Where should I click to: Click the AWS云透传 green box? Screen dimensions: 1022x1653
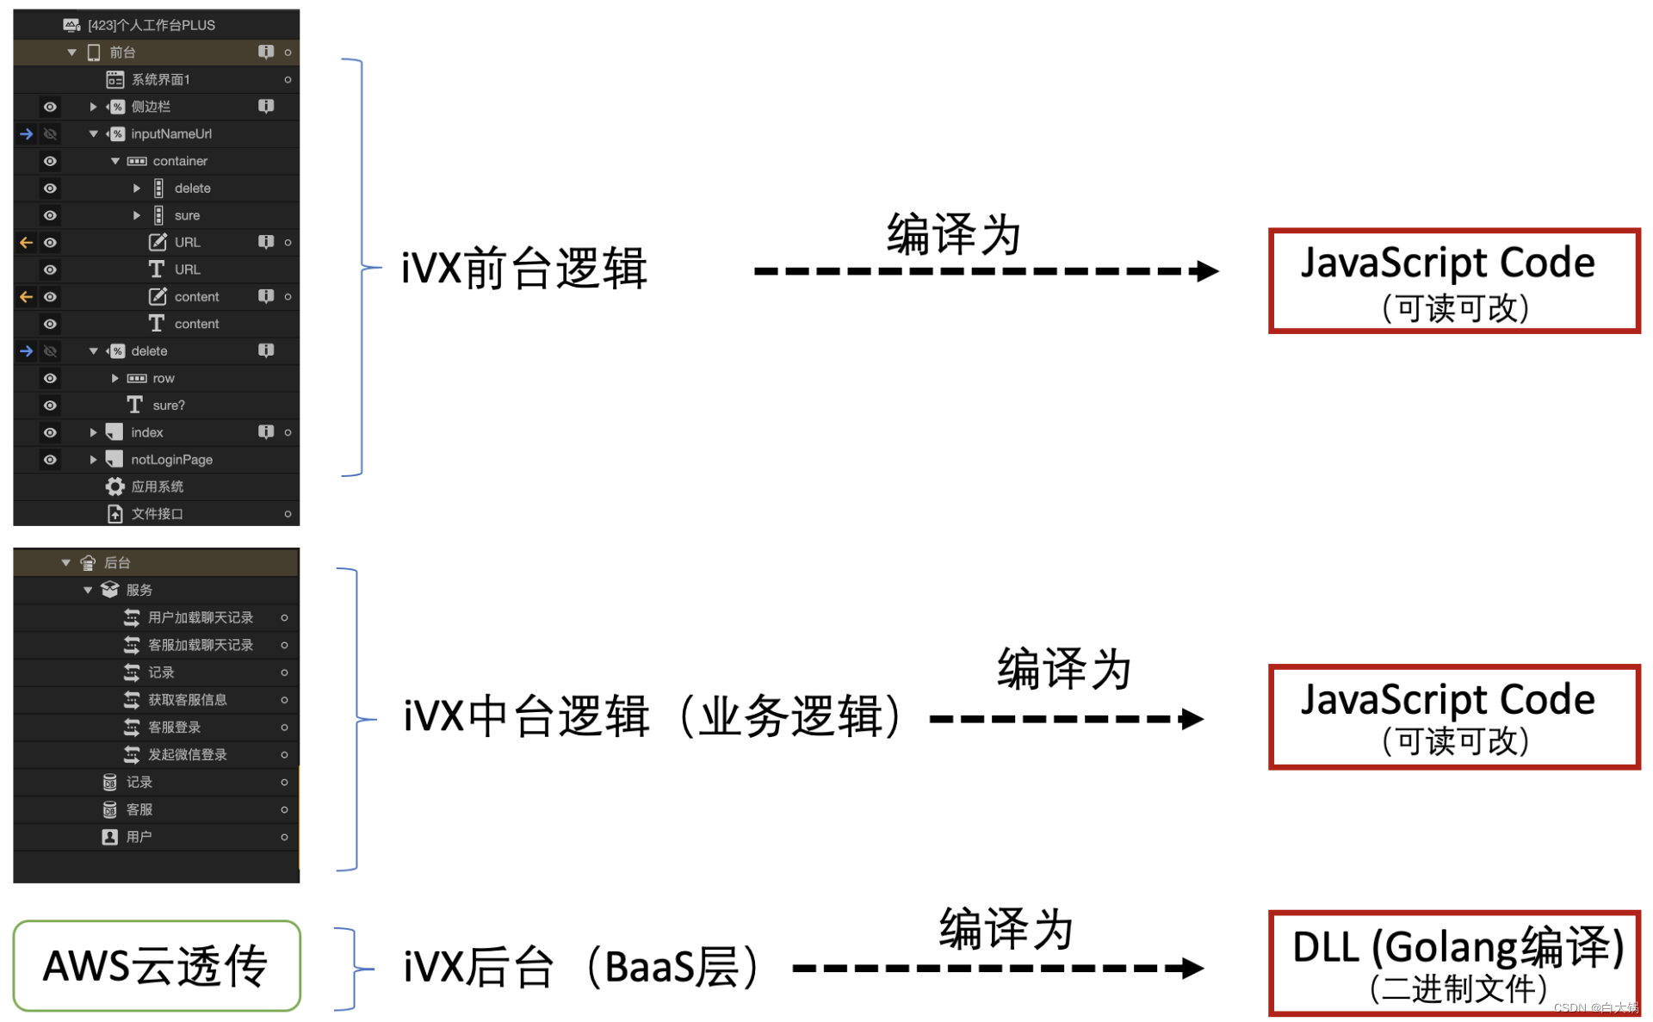(157, 965)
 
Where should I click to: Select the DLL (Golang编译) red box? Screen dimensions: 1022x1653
(1453, 963)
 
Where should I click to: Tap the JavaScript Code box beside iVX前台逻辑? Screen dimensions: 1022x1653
(1453, 281)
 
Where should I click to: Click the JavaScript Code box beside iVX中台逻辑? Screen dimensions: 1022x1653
(1453, 716)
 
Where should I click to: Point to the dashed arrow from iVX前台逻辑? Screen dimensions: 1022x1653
(985, 271)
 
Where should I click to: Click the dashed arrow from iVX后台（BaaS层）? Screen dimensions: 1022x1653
(997, 968)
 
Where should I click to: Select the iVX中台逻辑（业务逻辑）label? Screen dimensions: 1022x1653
(653, 716)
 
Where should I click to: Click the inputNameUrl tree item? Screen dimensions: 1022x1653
(170, 134)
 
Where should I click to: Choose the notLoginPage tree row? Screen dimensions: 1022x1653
(170, 460)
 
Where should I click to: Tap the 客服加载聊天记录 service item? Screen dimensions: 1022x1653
(200, 645)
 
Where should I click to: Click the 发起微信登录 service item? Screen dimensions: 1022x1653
(187, 754)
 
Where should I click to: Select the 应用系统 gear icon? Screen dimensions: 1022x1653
(115, 486)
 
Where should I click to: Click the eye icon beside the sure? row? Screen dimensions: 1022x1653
(50, 406)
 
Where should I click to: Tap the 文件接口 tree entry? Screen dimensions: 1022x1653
(157, 514)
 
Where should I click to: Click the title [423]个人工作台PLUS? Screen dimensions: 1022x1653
(151, 25)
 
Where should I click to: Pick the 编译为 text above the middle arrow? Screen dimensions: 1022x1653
(1063, 669)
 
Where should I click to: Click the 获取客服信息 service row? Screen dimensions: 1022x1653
(187, 700)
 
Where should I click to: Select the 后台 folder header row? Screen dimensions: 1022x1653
(117, 563)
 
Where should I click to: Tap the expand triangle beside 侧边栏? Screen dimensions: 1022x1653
(93, 107)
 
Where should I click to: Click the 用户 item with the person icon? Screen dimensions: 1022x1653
(138, 837)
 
